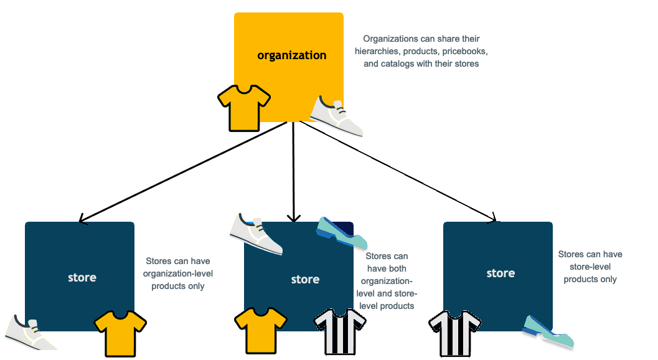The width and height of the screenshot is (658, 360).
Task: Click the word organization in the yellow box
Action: [x=291, y=55]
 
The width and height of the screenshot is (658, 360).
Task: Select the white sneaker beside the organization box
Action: [x=337, y=116]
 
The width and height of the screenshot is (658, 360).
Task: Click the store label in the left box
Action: [x=82, y=277]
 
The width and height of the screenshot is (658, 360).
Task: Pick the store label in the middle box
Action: [x=305, y=280]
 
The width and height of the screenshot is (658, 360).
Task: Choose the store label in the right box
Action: [x=501, y=273]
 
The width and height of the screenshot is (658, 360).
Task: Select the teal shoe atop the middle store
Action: [x=342, y=234]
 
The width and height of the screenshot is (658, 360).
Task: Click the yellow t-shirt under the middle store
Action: [x=260, y=330]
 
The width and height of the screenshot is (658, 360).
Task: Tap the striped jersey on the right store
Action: [x=454, y=333]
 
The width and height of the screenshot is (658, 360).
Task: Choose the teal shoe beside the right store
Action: [x=548, y=332]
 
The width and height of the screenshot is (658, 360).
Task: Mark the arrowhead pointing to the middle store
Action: [x=293, y=218]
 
